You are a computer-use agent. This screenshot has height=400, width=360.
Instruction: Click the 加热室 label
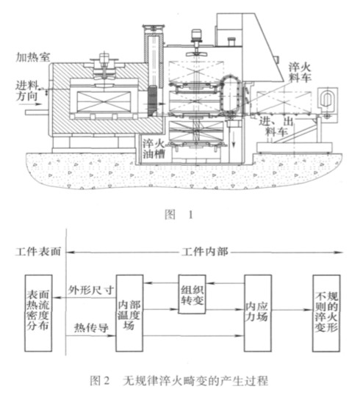coord(32,57)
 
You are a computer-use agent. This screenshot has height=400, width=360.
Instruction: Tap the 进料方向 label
coord(27,91)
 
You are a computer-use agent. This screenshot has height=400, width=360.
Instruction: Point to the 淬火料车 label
coord(300,72)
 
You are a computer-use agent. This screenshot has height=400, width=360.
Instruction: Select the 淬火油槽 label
coord(154,149)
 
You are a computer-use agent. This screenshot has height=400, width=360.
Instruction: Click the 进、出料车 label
coord(276,126)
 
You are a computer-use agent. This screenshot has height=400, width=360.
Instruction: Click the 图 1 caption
coord(179,214)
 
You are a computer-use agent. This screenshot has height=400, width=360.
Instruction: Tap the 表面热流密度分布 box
coord(38,313)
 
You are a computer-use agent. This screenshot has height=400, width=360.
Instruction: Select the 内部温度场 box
coord(129,313)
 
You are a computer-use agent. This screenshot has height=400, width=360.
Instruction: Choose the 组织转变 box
coord(192,294)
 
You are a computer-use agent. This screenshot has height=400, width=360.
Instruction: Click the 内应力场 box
coord(258,313)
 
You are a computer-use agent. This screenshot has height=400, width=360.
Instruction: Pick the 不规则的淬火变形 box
coord(326,313)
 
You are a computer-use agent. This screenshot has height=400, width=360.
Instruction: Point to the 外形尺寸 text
coord(90,290)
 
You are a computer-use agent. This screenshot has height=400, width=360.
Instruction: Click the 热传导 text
coord(91,328)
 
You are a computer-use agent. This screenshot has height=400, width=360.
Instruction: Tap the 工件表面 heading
coord(38,252)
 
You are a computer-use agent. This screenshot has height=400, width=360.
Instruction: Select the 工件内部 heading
coord(205,252)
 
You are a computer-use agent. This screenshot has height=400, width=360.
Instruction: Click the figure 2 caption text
coord(179,381)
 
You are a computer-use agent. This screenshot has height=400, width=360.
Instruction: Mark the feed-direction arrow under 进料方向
coord(35,104)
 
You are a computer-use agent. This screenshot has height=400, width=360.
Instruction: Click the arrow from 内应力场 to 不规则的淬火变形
coord(292,310)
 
